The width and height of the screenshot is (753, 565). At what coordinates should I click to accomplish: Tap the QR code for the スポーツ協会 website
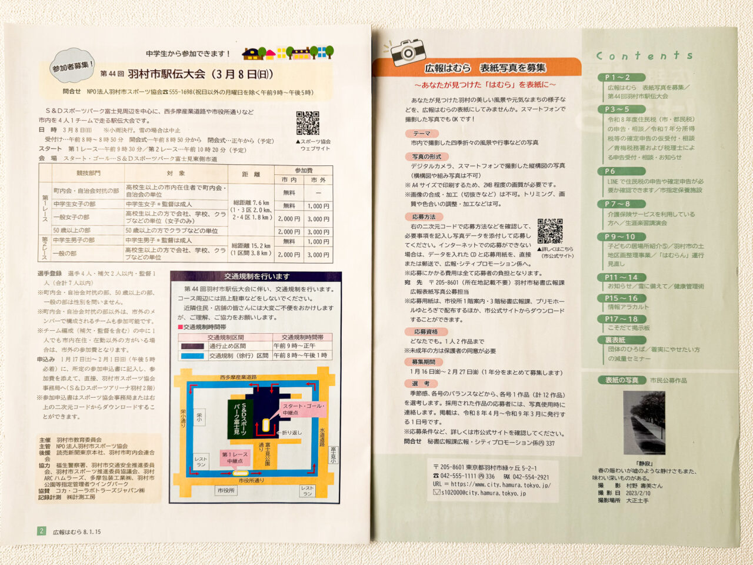pos(307,123)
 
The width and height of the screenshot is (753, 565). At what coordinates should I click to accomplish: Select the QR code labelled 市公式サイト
pos(550,231)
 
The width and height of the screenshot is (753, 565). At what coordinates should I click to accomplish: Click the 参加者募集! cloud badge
pos(72,66)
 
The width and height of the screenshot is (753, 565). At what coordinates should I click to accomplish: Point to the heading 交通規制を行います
pos(256,276)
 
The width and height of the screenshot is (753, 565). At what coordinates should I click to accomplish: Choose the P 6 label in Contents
pos(610,171)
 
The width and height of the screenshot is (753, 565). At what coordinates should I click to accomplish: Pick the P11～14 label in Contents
pos(621,277)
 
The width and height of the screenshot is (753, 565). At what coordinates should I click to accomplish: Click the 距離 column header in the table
pos(251,174)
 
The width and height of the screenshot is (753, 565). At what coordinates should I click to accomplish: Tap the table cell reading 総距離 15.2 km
pos(251,249)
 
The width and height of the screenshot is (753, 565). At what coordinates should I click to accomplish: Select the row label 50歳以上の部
pos(72,230)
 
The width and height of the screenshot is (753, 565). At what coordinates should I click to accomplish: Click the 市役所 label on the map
pos(226,490)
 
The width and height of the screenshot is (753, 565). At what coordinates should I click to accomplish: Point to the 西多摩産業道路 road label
pos(238,377)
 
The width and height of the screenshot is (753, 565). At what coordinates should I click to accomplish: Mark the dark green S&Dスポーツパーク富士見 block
pos(240,418)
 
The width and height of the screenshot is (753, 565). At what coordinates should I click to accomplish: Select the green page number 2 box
pos(41,531)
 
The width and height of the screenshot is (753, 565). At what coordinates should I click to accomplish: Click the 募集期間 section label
pos(424,362)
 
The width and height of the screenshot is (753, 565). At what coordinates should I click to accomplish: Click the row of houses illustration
pos(288,53)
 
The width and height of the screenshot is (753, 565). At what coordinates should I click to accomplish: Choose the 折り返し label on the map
pos(291,433)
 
